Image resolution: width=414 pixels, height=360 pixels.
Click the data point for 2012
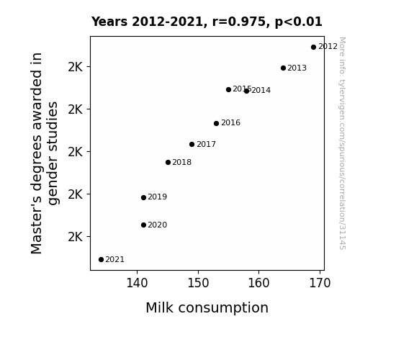(313, 48)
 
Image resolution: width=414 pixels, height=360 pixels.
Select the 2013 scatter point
(283, 68)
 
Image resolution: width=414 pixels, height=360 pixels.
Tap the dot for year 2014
(246, 91)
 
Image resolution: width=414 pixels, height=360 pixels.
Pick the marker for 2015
(229, 90)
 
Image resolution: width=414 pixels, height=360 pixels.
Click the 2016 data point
(216, 123)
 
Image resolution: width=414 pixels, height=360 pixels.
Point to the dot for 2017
(192, 145)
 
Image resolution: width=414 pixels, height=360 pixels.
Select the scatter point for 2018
(168, 163)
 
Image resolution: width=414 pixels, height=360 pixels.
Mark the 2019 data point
(143, 197)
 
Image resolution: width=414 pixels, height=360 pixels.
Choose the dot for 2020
(143, 225)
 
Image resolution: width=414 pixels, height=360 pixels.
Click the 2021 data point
(101, 260)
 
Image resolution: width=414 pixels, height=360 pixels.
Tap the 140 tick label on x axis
(137, 283)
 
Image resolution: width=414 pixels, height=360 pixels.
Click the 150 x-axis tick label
(198, 283)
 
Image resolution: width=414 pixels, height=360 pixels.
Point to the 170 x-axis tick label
(320, 283)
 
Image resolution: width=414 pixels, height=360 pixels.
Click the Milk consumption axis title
(207, 308)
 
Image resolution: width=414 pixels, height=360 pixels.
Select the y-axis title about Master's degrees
(44, 153)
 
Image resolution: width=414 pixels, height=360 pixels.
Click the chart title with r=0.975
(207, 22)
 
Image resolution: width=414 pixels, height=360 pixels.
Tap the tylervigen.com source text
(342, 143)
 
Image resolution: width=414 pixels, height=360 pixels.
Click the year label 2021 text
(115, 260)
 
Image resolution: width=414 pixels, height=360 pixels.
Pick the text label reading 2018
(182, 163)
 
